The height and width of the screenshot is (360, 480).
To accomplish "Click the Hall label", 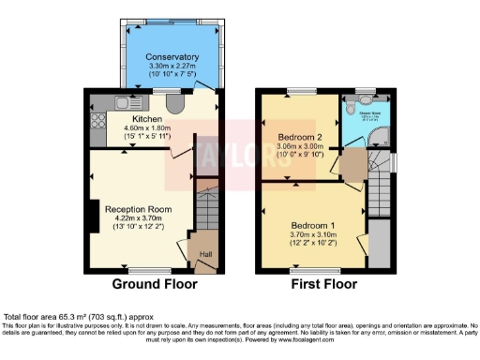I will (205, 254).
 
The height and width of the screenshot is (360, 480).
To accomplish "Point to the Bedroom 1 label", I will (313, 226).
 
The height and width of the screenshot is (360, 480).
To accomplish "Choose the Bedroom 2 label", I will (300, 137).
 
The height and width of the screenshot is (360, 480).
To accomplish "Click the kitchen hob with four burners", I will (97, 120).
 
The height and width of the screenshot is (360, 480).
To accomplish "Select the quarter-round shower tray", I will (381, 139).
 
